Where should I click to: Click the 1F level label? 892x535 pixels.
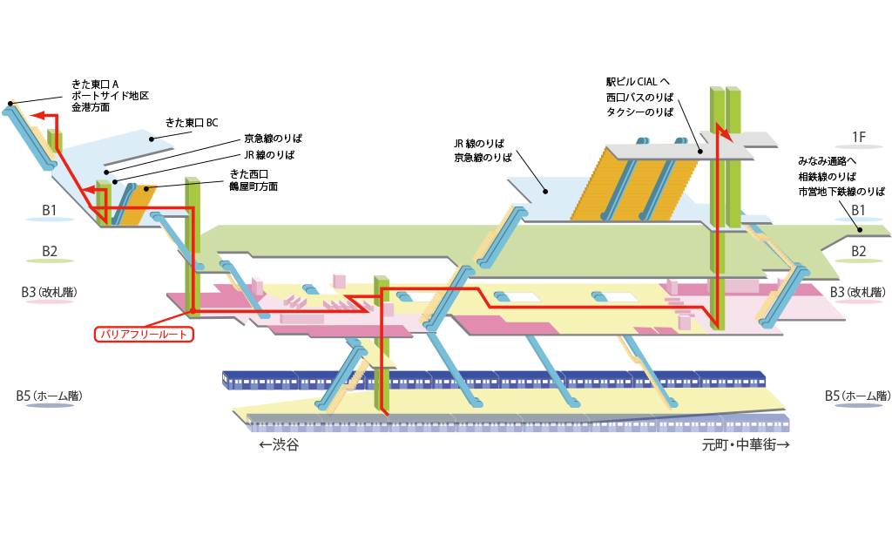(859, 137)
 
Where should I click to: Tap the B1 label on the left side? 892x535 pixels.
(50, 210)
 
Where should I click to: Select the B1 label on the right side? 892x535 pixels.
(859, 210)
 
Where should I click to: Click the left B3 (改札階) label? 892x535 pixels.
(49, 291)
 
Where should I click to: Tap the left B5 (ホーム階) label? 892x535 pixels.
(49, 396)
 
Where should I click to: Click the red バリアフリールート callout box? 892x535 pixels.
(143, 333)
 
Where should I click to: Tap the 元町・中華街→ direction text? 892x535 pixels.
(746, 444)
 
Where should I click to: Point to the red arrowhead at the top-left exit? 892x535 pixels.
(36, 114)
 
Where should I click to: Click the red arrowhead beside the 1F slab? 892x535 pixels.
(722, 133)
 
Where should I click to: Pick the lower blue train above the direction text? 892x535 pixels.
(523, 424)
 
